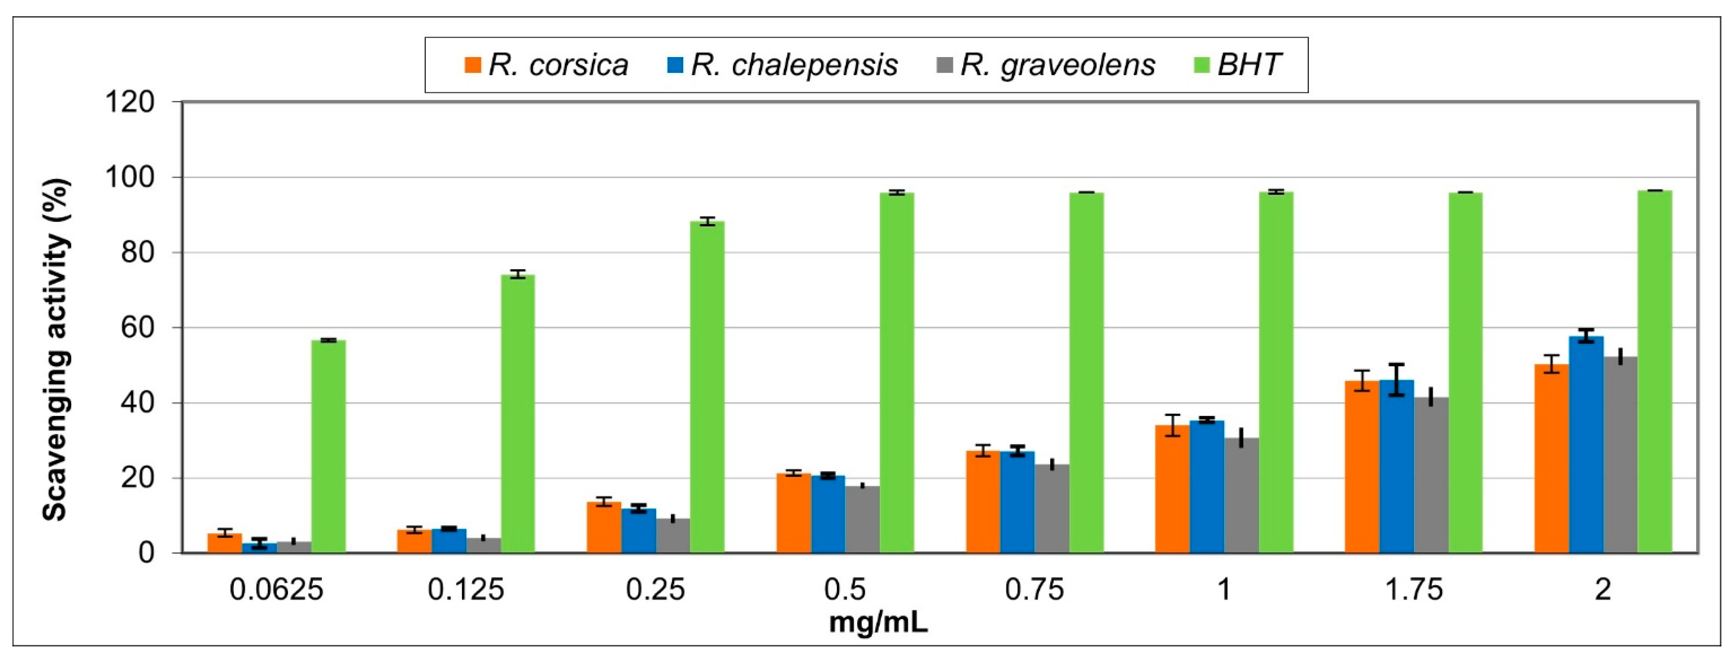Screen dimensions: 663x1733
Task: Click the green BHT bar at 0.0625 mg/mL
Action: (x=328, y=447)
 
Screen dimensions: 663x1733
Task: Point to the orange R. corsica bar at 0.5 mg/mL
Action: (x=793, y=513)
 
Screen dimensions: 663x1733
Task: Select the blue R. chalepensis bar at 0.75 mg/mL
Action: (x=1017, y=502)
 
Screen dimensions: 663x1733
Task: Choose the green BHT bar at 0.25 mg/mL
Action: (x=707, y=387)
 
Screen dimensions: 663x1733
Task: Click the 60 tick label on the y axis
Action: (x=138, y=328)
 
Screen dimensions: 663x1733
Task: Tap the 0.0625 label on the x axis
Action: (x=276, y=590)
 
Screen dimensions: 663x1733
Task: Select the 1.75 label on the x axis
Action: (x=1414, y=590)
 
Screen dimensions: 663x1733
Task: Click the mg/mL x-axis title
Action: (x=878, y=622)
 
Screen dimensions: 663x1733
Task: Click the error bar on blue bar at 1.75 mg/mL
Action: (x=1397, y=380)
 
